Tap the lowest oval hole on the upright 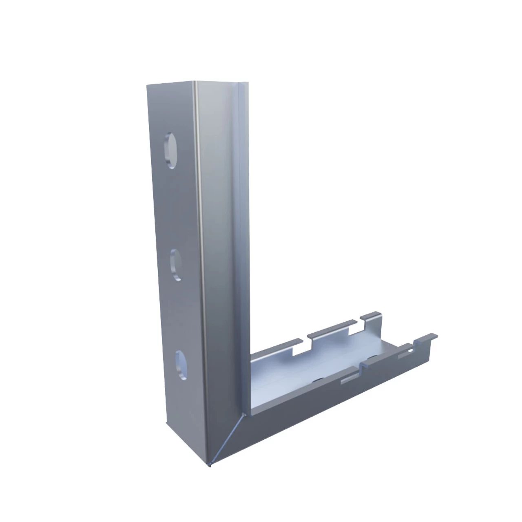pos(182,366)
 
